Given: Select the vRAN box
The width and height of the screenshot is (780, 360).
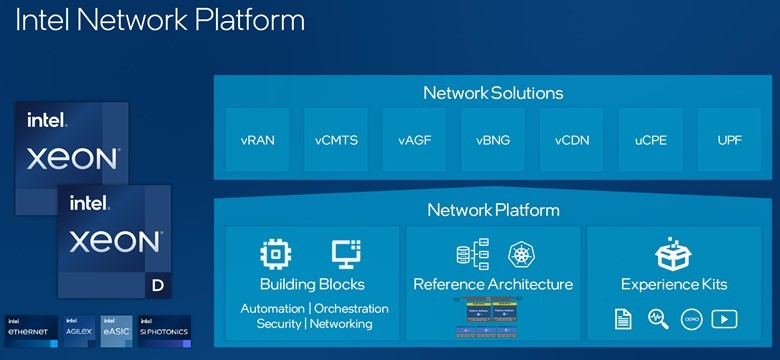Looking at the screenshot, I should (x=259, y=139).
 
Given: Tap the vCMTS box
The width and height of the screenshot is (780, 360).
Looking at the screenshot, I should (x=337, y=139).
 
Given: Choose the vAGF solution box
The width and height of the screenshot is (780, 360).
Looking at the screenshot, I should (x=416, y=139).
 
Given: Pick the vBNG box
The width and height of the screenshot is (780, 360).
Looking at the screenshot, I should (x=494, y=139).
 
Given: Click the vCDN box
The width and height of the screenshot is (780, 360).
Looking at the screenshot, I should (x=573, y=139).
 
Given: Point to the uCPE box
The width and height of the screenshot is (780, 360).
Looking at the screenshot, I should (x=651, y=139).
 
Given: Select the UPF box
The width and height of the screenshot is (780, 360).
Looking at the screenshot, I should (x=729, y=139).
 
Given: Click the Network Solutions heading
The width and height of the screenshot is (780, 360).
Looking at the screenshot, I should (x=493, y=93).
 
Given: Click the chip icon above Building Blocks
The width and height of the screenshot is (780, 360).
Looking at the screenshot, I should (x=275, y=253).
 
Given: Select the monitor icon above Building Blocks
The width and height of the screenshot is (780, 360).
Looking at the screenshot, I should (x=345, y=253).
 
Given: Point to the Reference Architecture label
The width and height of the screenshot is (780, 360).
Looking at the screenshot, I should (x=493, y=284).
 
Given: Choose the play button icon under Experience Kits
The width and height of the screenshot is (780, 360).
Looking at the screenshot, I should (x=725, y=319).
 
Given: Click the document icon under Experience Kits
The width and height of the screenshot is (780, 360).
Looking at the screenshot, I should (x=622, y=319).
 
